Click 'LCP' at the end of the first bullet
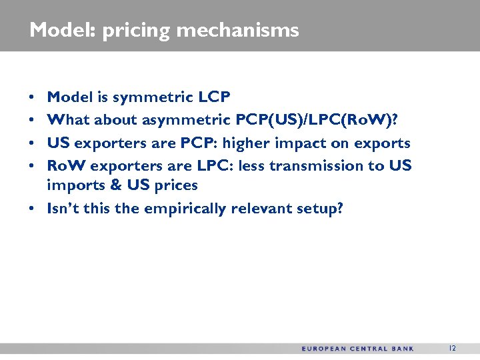tap(215, 97)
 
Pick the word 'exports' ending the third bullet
tap(386, 143)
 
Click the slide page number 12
tap(453, 349)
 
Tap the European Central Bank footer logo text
tap(357, 349)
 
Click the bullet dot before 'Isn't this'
tap(32, 208)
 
